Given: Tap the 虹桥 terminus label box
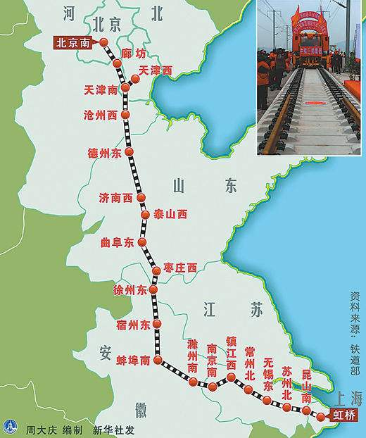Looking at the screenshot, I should pos(343,415).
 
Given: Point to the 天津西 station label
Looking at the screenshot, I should pos(156,70).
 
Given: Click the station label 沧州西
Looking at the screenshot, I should pos(101,115).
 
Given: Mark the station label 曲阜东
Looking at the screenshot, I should pos(118,242).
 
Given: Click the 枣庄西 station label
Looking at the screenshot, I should pos(179,267).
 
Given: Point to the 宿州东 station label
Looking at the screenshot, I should pos(134,325).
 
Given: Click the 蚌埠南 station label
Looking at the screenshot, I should pos(134,360).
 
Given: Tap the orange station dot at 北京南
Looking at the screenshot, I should pos(104,42).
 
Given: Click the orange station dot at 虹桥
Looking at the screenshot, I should pos(320,417).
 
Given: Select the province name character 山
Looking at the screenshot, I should pos(177,185).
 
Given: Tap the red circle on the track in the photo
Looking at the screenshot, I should pos(310,106).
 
